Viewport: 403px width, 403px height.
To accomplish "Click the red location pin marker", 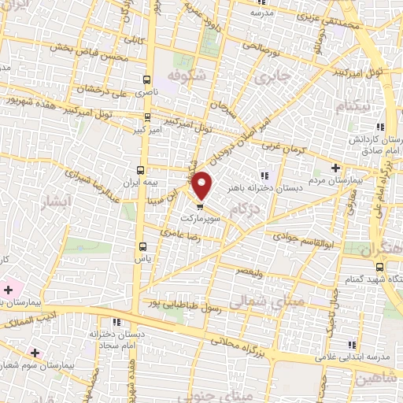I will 203,186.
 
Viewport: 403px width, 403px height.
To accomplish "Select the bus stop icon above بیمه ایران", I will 141,170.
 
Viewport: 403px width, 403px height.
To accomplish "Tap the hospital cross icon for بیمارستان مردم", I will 336,168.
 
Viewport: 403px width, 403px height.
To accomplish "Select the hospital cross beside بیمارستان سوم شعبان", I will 33,353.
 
